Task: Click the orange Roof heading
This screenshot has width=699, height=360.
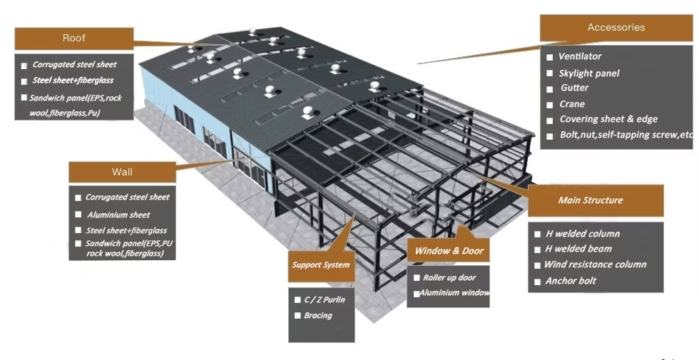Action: [x=73, y=38]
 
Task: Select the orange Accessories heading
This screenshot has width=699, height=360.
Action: [x=616, y=28]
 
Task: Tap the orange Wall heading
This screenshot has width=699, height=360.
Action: [x=122, y=172]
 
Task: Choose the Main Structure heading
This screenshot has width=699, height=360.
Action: [x=590, y=200]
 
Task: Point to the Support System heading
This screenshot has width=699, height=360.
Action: [x=320, y=265]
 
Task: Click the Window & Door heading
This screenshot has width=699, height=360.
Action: [x=449, y=251]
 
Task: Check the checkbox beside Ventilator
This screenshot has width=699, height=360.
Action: [x=550, y=56]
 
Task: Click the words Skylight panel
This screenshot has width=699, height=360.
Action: [x=588, y=73]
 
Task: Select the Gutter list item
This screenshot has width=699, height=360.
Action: [x=574, y=88]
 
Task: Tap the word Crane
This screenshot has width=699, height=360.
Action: [x=572, y=104]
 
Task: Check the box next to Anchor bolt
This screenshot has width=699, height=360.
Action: [x=539, y=282]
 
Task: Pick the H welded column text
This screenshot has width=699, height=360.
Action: [x=582, y=234]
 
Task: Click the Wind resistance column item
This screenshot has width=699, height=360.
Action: [x=595, y=264]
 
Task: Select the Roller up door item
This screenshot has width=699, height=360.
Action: [x=449, y=277]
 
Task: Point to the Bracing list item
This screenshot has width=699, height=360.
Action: [x=317, y=315]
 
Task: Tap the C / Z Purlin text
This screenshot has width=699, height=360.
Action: [x=324, y=300]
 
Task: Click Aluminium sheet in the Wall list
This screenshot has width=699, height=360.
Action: [x=118, y=215]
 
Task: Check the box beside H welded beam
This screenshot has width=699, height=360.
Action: [x=539, y=250]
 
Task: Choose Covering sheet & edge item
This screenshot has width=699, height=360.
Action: [x=608, y=119]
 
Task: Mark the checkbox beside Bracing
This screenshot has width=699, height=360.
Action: [x=297, y=315]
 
